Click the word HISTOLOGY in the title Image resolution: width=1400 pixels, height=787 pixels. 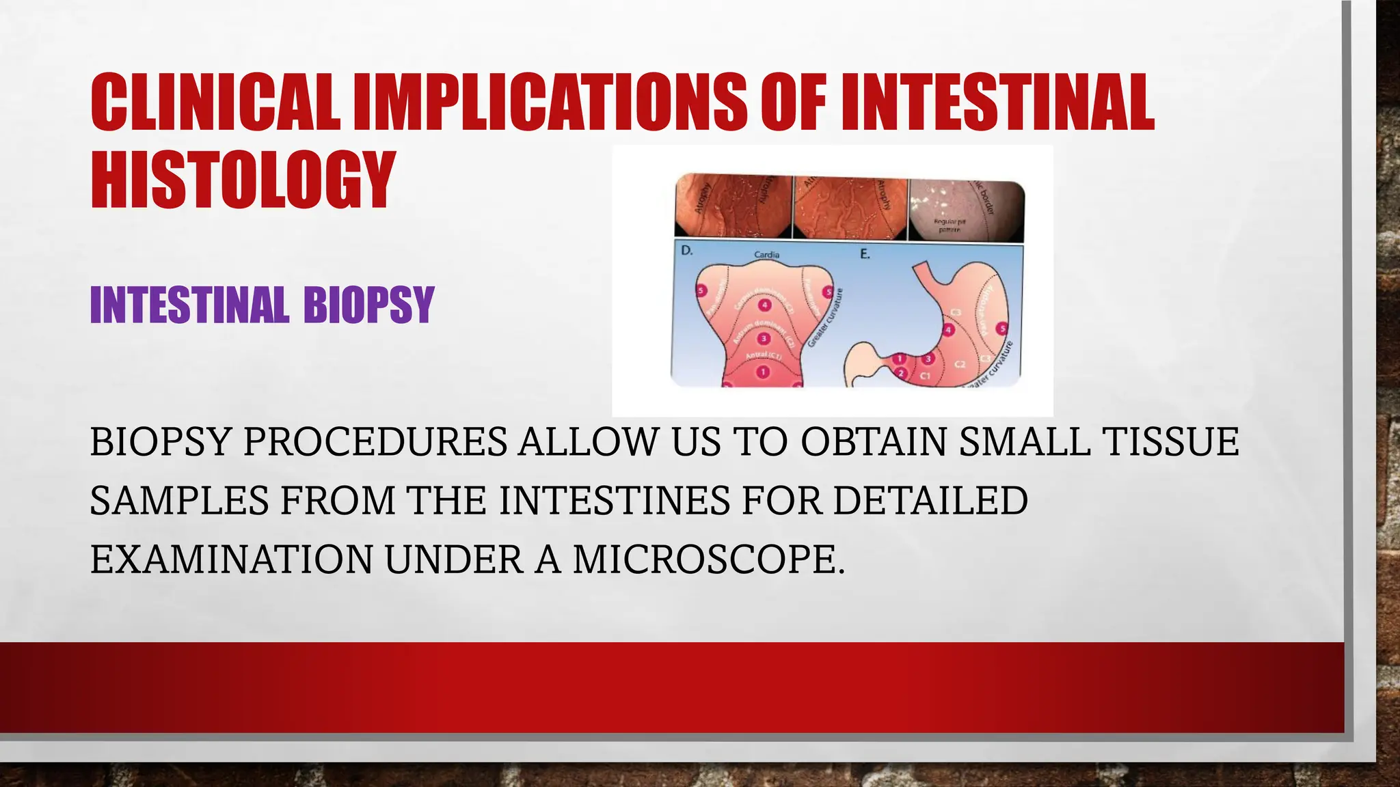243,179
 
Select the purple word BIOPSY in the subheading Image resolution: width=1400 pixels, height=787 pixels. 368,305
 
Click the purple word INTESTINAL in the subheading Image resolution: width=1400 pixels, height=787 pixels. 188,305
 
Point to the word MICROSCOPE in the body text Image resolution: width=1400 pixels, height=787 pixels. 708,560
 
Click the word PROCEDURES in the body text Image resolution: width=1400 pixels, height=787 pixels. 375,441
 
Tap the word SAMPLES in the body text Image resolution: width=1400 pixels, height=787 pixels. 180,501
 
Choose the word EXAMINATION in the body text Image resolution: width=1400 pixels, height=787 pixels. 232,560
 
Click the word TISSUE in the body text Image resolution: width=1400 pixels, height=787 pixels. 1170,441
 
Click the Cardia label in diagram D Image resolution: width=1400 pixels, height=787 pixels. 766,255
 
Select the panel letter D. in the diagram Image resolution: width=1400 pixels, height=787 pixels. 687,251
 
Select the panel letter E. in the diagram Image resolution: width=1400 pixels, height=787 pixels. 865,254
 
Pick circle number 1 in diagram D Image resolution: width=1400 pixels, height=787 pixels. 762,372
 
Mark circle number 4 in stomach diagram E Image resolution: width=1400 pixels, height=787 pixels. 948,331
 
